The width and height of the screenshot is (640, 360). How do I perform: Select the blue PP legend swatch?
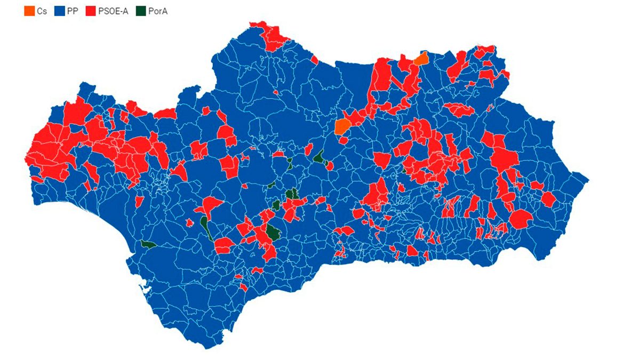[x=59, y=10]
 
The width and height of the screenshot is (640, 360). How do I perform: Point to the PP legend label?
[x=72, y=10]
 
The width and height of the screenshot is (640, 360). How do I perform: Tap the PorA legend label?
[x=158, y=10]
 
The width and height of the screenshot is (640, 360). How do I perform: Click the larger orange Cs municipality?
[x=342, y=126]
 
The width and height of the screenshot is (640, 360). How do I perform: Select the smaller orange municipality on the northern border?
[x=421, y=59]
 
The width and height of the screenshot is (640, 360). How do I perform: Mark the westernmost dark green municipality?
[x=148, y=245]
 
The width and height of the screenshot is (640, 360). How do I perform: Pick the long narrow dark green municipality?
[x=206, y=227]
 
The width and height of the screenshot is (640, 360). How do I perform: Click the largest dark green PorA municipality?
[x=273, y=232]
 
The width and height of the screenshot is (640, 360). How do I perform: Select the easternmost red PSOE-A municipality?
[x=548, y=199]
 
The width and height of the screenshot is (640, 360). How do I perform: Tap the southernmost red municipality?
[x=243, y=287]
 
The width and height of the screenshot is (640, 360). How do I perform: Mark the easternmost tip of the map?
[x=588, y=179]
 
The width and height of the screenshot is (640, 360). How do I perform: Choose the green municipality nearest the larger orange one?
[x=319, y=157]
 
